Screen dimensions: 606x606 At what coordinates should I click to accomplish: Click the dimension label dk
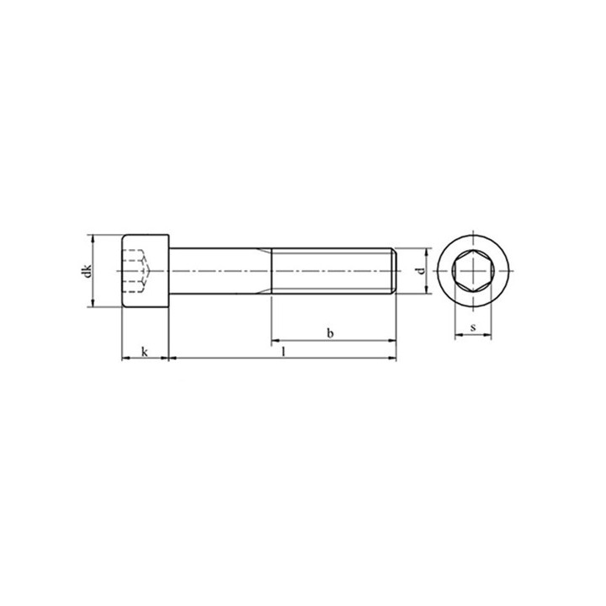[x=88, y=270]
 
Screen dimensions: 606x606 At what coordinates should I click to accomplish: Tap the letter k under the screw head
[x=145, y=352]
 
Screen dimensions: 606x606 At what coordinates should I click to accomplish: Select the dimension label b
[x=330, y=333]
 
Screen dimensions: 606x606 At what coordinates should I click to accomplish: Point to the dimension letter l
[x=284, y=351]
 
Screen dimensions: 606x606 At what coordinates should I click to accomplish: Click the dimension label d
[x=422, y=270]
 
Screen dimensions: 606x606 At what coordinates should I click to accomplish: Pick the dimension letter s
[x=473, y=327]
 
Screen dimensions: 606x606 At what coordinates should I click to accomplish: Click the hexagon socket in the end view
[x=473, y=270]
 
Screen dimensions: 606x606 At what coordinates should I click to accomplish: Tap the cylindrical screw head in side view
[x=146, y=271]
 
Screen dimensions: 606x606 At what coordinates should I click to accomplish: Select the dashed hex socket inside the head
[x=137, y=271]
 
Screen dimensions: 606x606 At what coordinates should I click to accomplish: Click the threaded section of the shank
[x=332, y=271]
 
